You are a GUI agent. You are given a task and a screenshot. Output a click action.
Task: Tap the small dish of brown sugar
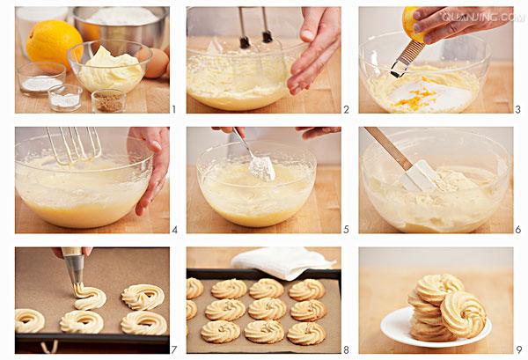(x=108, y=100)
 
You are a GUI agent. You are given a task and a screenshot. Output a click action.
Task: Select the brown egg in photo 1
(x=156, y=63)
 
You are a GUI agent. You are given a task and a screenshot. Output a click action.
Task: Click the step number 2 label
(x=346, y=109)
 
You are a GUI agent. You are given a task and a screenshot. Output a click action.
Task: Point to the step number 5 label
(x=346, y=230)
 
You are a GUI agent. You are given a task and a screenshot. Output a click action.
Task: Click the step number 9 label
(x=518, y=350)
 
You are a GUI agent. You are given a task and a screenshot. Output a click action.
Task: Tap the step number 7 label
(x=173, y=350)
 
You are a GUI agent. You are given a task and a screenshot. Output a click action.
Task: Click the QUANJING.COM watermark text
(x=483, y=17)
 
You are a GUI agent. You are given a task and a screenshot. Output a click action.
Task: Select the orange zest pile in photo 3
(x=414, y=96)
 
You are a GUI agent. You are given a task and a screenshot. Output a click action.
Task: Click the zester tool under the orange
(x=406, y=58)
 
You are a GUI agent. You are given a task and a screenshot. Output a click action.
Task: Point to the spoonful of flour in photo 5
(x=262, y=168)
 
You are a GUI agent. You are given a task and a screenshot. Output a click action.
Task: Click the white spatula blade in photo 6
(x=419, y=176)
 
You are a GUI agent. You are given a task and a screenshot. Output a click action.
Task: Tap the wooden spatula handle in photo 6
(x=387, y=148)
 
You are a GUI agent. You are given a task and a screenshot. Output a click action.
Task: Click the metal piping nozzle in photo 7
(x=74, y=269)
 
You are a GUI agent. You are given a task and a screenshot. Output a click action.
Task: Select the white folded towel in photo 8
(x=282, y=262)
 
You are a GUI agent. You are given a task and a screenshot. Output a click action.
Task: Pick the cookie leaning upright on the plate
(x=464, y=314)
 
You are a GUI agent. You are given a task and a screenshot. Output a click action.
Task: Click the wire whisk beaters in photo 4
(x=75, y=145)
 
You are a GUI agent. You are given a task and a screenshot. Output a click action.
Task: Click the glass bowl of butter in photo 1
(x=110, y=66)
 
